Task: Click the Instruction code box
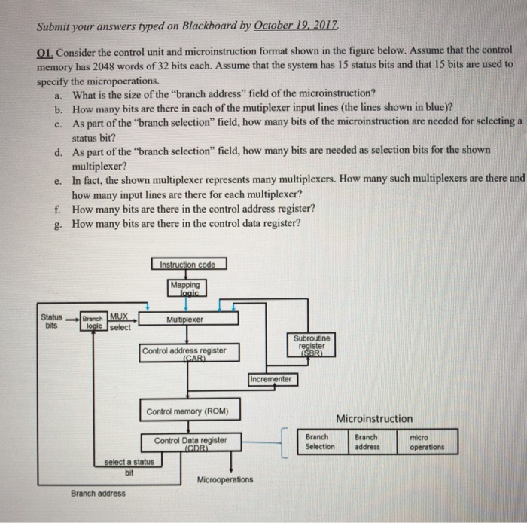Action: [187, 265]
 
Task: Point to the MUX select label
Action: [120, 322]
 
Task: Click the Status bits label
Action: [53, 320]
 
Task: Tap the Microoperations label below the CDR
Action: [225, 479]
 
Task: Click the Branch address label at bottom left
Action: [99, 494]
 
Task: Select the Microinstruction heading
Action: [373, 418]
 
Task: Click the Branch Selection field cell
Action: [321, 442]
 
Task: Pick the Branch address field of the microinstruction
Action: [370, 442]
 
